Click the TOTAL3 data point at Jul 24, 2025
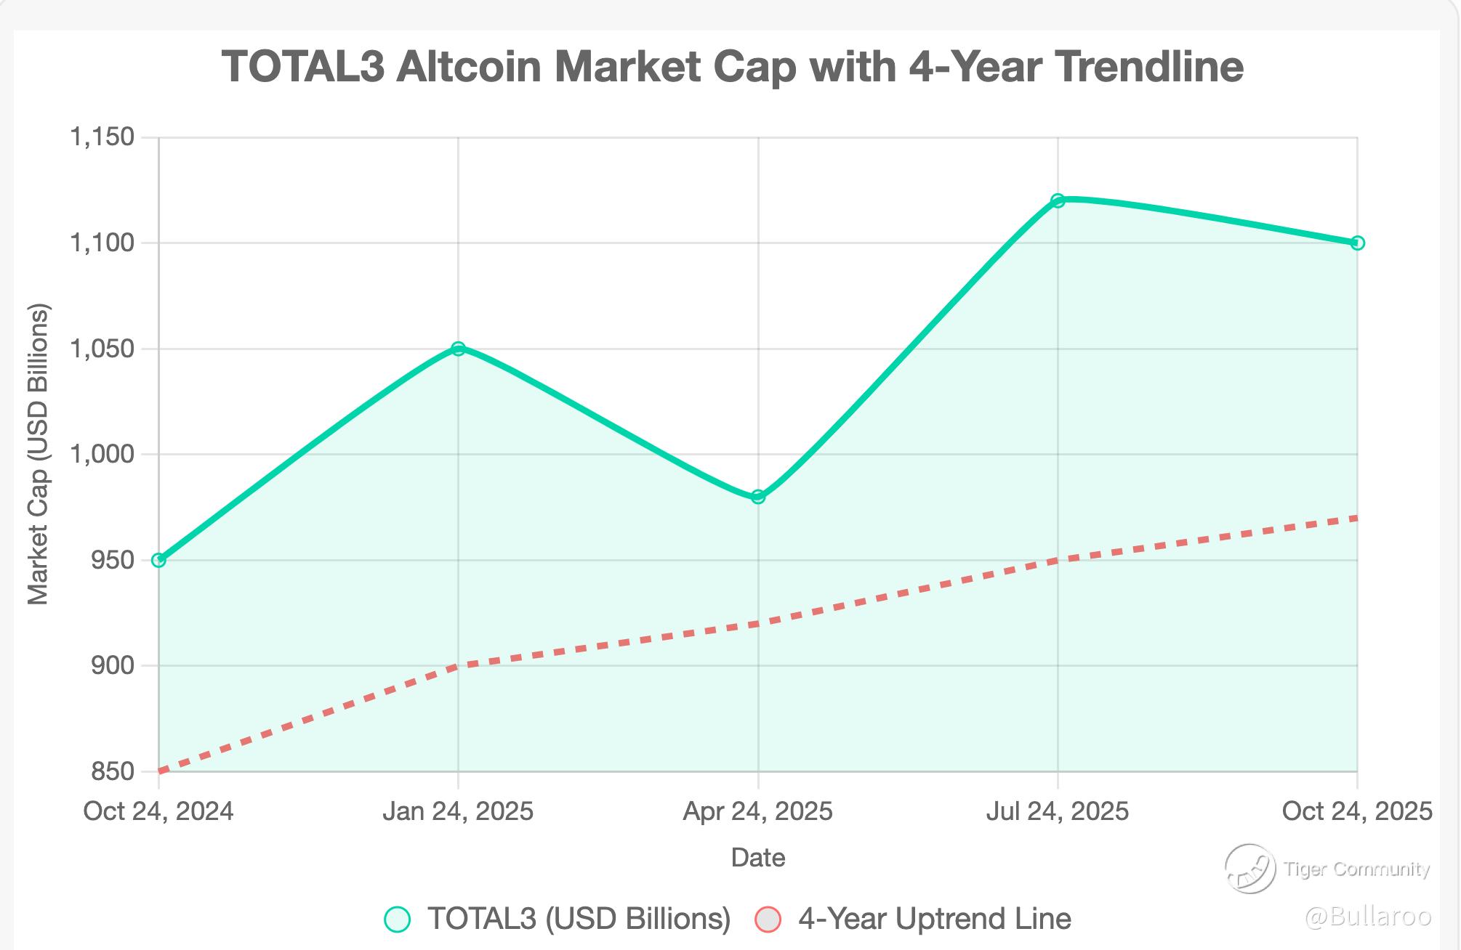pyautogui.click(x=1058, y=200)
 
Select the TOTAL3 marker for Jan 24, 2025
pyautogui.click(x=458, y=349)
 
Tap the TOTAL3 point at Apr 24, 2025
pyautogui.click(x=758, y=497)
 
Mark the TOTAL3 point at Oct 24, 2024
pyautogui.click(x=158, y=560)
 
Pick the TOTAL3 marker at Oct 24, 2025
pyautogui.click(x=1357, y=243)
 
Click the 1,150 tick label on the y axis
pyautogui.click(x=102, y=137)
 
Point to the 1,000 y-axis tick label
pyautogui.click(x=102, y=455)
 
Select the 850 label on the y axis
pyautogui.click(x=113, y=771)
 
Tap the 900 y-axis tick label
pyautogui.click(x=113, y=665)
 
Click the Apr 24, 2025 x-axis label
pyautogui.click(x=757, y=811)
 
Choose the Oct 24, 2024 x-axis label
pyautogui.click(x=158, y=811)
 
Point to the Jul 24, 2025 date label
pyautogui.click(x=1058, y=811)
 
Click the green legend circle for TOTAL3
pyautogui.click(x=397, y=919)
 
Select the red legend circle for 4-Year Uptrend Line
pyautogui.click(x=768, y=919)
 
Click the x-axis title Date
pyautogui.click(x=758, y=858)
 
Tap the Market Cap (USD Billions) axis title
pyautogui.click(x=38, y=455)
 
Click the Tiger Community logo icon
pyautogui.click(x=1249, y=869)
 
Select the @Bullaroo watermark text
pyautogui.click(x=1368, y=917)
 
